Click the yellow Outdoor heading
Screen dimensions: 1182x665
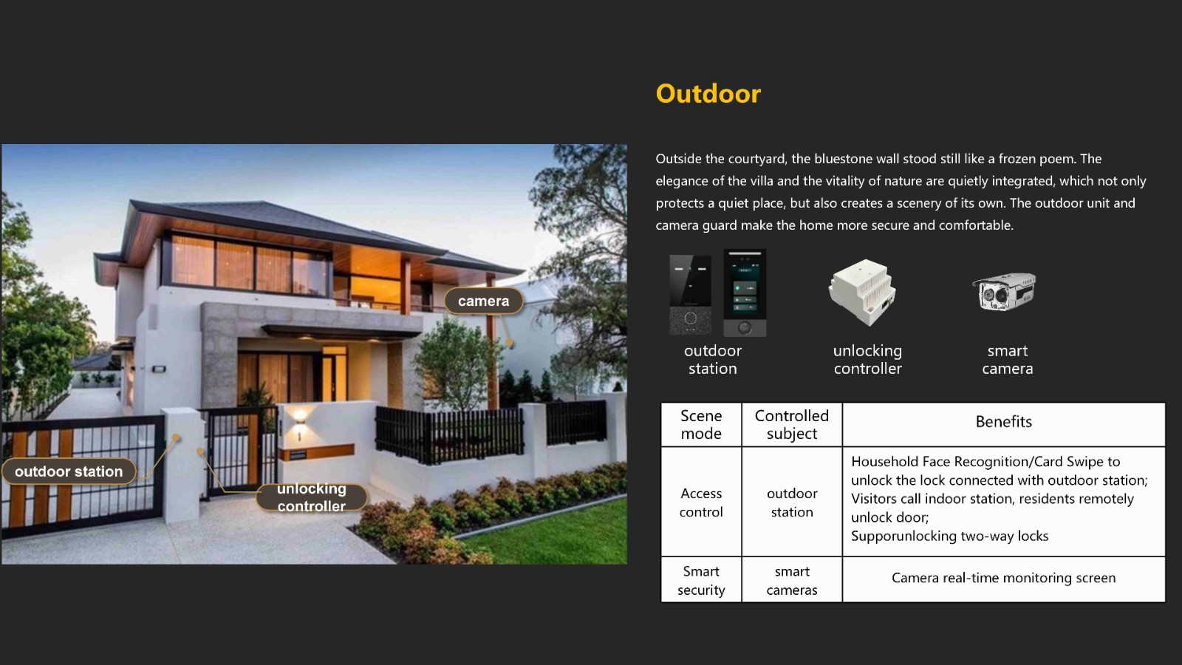pos(708,94)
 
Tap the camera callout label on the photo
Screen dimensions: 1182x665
pos(484,301)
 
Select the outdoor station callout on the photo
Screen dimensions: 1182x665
pos(69,471)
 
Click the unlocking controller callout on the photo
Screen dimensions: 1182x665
pos(311,497)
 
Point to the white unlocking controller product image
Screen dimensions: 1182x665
pos(862,292)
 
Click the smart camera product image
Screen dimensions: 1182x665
pos(1004,291)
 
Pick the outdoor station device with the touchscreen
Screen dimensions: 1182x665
pos(745,293)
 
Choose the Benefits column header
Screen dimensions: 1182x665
pos(1004,422)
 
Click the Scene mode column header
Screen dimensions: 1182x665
pos(701,424)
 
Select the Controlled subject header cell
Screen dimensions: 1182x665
pos(791,424)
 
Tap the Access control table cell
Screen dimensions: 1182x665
pos(701,502)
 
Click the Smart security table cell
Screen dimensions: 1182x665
pos(701,581)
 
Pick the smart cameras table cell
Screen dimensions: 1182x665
pos(791,581)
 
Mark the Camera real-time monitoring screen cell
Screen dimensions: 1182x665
pos(1004,578)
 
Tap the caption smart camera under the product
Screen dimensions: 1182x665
pos(1008,359)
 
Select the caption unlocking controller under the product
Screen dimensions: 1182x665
pos(867,359)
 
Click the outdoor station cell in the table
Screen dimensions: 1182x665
pos(791,502)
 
